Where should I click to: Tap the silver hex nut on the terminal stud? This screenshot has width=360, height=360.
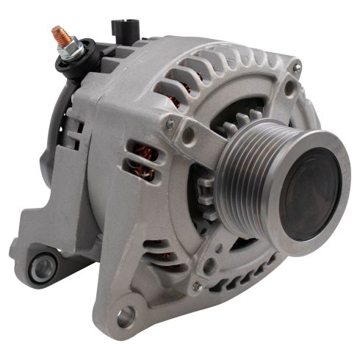click(67, 45)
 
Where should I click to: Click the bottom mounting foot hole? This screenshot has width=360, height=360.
click(126, 317)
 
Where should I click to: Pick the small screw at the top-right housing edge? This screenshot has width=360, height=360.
click(298, 68)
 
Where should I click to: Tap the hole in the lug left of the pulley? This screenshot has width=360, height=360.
click(190, 135)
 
